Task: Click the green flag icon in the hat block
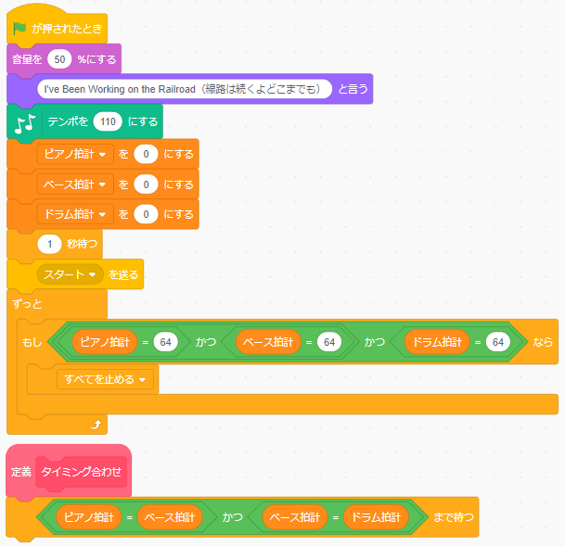19,28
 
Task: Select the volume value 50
59,59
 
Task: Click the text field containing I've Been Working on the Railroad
185,89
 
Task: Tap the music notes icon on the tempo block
25,124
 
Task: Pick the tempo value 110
108,121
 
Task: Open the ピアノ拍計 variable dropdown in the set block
75,154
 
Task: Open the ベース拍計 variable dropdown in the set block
75,184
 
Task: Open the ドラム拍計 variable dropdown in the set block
75,214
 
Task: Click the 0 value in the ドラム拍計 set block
146,214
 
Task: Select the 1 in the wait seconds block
49,244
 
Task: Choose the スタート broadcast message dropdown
70,274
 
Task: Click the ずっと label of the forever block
27,304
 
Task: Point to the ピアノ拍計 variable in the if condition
105,341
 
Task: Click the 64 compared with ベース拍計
329,341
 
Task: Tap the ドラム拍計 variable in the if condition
437,341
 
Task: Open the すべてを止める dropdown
105,379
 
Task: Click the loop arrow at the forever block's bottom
96,425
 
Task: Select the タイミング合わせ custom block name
82,472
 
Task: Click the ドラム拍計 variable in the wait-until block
376,517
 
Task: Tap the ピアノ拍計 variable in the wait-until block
89,517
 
